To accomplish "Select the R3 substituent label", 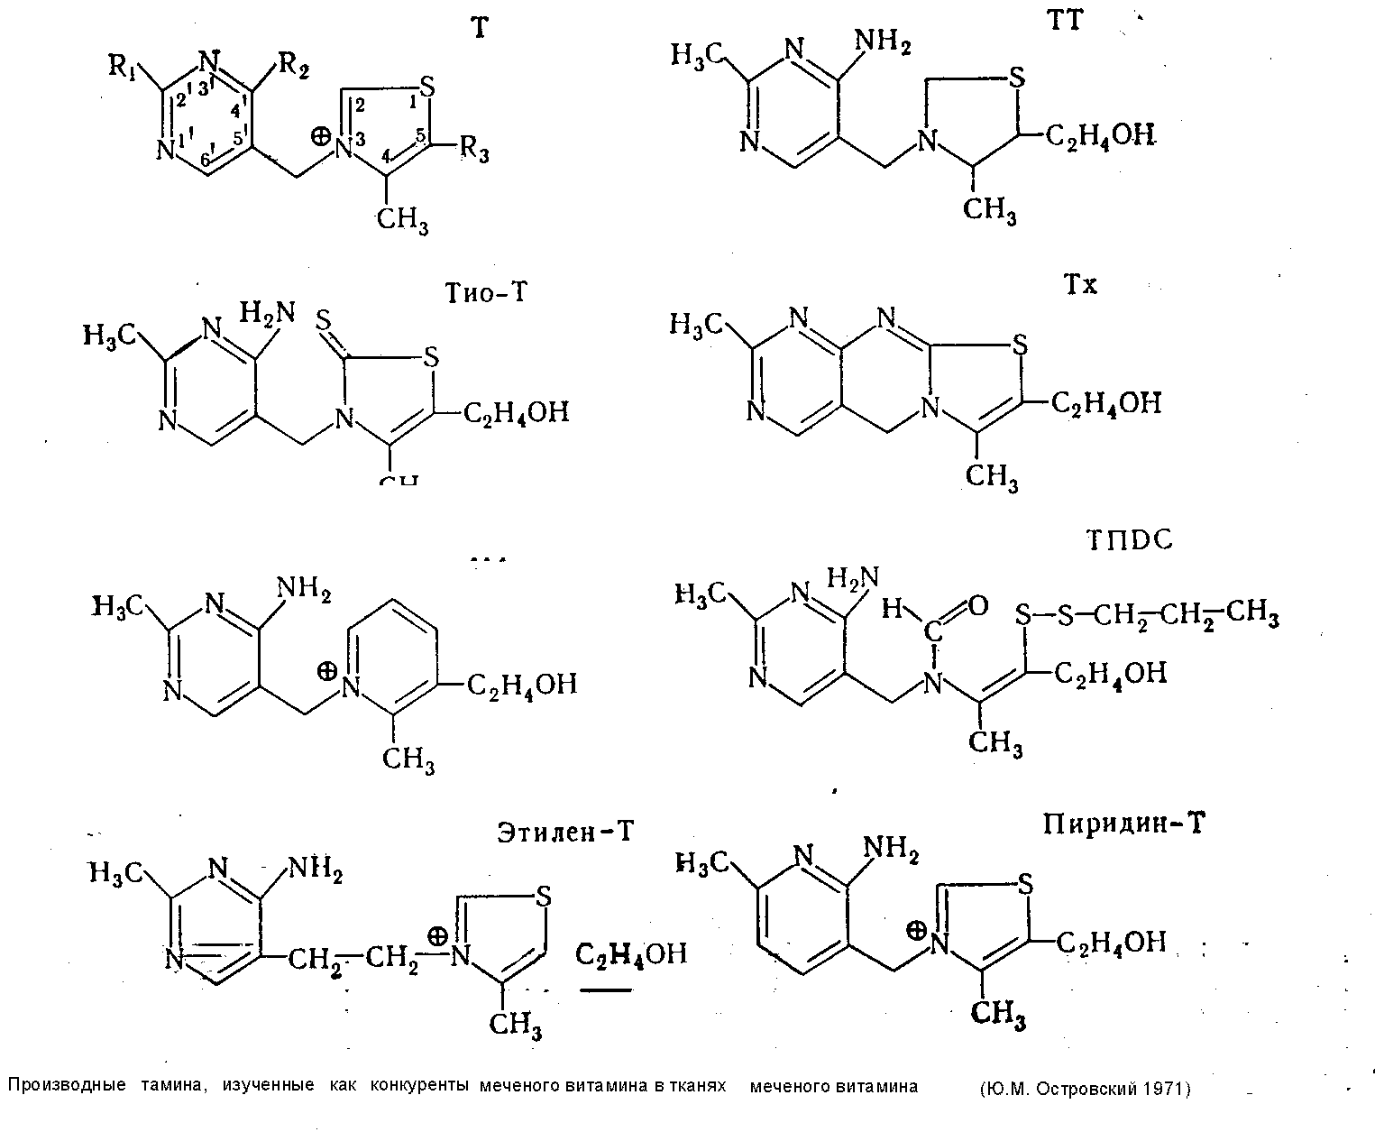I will coord(476,151).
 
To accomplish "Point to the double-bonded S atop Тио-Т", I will coord(328,320).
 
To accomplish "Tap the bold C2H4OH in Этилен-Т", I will coord(631,953).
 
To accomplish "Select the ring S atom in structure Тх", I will coord(1019,344).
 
